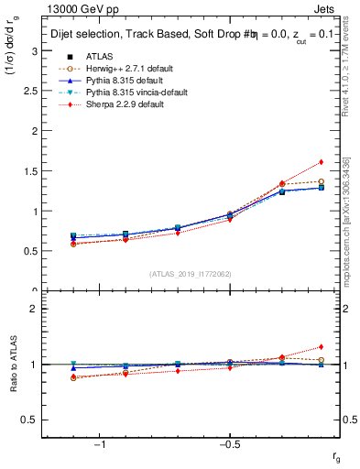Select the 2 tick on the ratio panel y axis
[34, 309]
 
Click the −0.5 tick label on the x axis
[228, 445]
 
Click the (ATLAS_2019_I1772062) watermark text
[191, 274]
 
